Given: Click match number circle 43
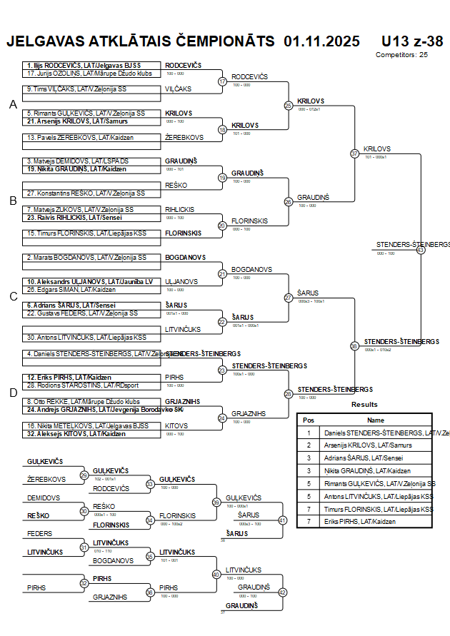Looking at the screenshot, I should [x=420, y=250].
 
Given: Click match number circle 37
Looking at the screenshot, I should [x=354, y=153].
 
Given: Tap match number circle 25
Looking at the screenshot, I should [x=288, y=106].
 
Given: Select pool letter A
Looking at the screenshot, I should [x=13, y=105].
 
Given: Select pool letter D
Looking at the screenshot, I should [x=13, y=392].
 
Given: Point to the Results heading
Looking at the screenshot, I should [x=364, y=405].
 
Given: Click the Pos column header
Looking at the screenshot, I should [x=309, y=420].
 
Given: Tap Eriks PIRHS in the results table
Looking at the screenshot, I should [x=359, y=522].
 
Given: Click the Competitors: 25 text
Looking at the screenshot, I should [x=401, y=54].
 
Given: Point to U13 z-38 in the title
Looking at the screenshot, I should [x=411, y=41].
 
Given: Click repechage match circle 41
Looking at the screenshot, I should [x=282, y=520].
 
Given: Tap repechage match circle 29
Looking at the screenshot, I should [x=84, y=475].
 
